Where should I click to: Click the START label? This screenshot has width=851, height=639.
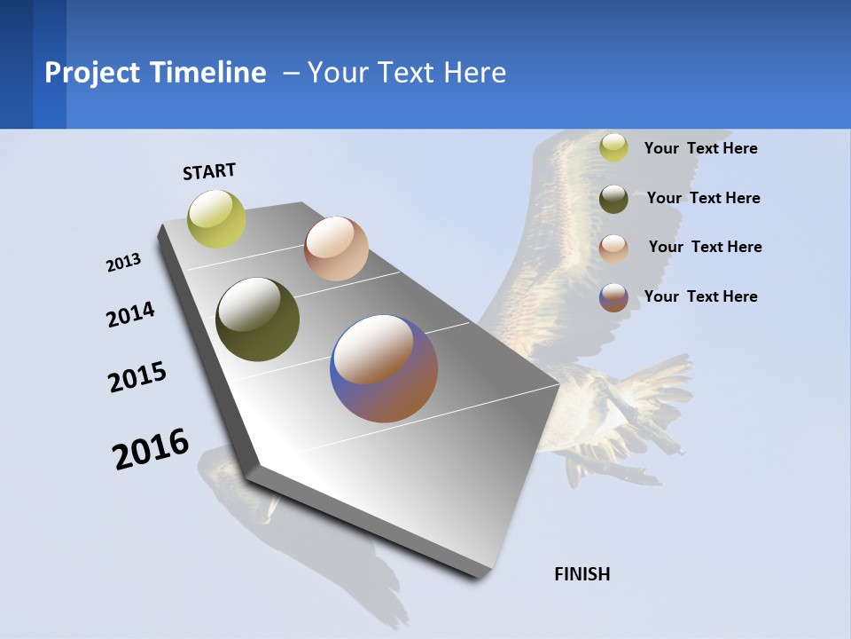coord(209,170)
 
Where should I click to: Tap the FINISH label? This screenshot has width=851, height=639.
coord(582,574)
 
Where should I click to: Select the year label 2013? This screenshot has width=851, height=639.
coord(123,263)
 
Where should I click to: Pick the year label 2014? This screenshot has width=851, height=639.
coord(130,314)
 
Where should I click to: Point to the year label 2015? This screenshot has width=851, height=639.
coord(137,377)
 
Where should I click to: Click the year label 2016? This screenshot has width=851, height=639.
coord(151,449)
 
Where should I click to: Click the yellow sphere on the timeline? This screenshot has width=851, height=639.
coord(217,218)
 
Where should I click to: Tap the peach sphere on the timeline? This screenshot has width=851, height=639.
coord(336,248)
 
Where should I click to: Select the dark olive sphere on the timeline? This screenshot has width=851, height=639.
coord(258,319)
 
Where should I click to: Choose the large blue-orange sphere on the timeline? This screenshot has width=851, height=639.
coord(384,368)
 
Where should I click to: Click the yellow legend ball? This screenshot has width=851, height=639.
coord(613,147)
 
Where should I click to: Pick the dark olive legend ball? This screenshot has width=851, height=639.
coord(613,199)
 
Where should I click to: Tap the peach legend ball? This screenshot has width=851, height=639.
coord(613,248)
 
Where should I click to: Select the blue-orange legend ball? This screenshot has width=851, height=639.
coord(613,297)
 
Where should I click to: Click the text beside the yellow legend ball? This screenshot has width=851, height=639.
coord(700,148)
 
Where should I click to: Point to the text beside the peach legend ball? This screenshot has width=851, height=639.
coord(705,247)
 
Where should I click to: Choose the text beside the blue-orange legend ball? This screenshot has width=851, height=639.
coord(700,296)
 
